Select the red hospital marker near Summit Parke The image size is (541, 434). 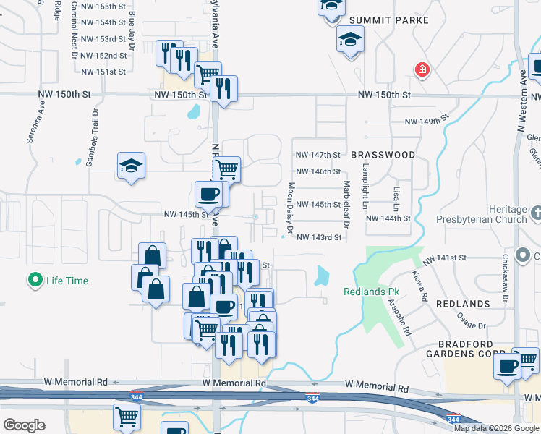pos(421,70)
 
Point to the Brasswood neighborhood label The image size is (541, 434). pos(383,155)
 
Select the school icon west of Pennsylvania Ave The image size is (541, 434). pos(132,166)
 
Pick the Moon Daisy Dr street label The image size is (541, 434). pos(291,208)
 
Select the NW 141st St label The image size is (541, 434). pos(446,258)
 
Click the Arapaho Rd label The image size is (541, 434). pos(400,318)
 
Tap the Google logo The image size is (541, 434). pos(24,425)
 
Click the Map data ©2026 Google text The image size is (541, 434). pos(497,428)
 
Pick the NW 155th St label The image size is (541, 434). pos(103,6)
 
